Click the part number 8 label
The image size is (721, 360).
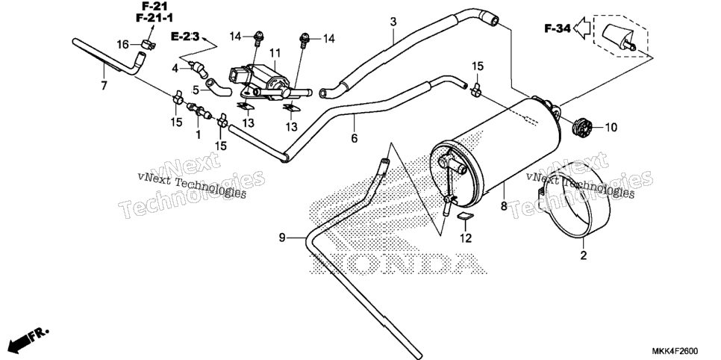pos(504,206)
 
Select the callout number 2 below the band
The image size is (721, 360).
pos(584,255)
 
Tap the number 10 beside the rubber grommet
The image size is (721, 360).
pos(611,127)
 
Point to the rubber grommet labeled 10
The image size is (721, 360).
pos(583,125)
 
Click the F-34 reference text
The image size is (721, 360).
pos(558,28)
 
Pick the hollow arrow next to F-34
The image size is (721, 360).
pos(583,28)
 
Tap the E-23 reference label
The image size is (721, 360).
pos(185,37)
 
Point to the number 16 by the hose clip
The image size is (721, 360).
pos(122,45)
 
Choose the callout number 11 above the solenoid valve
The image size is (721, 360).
pos(275,53)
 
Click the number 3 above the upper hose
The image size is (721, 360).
pos(393,22)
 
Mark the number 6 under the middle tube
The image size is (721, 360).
pos(354,137)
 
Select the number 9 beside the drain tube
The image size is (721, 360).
pos(282,238)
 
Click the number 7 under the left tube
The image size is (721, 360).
pos(104,86)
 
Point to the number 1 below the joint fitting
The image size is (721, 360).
pos(199,135)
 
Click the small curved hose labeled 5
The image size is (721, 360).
pos(219,87)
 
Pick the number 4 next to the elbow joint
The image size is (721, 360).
pos(175,69)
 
